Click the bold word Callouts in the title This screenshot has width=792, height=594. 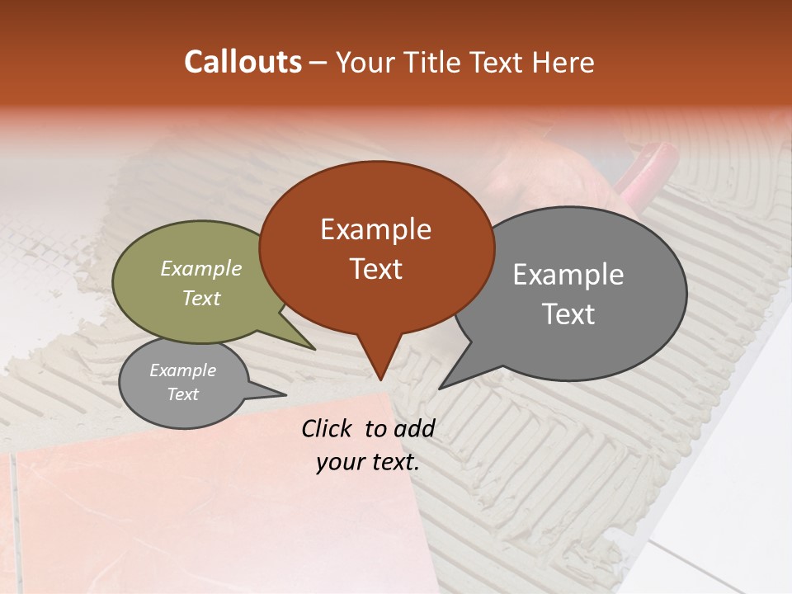[243, 62]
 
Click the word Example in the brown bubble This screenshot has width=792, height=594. [375, 229]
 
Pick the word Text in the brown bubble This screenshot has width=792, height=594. [375, 269]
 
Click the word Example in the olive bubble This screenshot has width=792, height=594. [201, 268]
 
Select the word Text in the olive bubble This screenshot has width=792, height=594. [201, 298]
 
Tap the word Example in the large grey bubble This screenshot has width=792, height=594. [568, 275]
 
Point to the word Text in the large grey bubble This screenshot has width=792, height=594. [568, 314]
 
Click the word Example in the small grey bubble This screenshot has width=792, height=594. [182, 370]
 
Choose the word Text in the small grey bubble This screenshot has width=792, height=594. [182, 394]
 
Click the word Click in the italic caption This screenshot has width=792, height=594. [328, 428]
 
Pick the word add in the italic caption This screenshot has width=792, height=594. [414, 428]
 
